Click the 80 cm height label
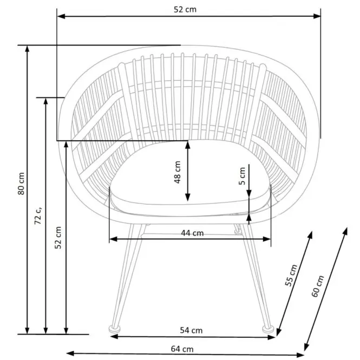click(21, 184)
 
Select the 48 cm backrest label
click(178, 172)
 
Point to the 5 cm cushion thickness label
click(242, 176)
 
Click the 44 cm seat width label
click(192, 233)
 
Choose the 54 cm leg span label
click(191, 330)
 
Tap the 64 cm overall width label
click(182, 349)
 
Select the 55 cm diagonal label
click(291, 276)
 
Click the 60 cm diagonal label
click(318, 286)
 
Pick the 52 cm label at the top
click(185, 9)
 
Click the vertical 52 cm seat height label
click(58, 238)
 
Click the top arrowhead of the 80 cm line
click(27, 49)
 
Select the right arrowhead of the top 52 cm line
click(317, 16)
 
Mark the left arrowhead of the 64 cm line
click(70, 354)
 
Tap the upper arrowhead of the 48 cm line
click(188, 145)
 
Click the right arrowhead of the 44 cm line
click(267, 239)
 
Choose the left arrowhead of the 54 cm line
click(114, 337)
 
